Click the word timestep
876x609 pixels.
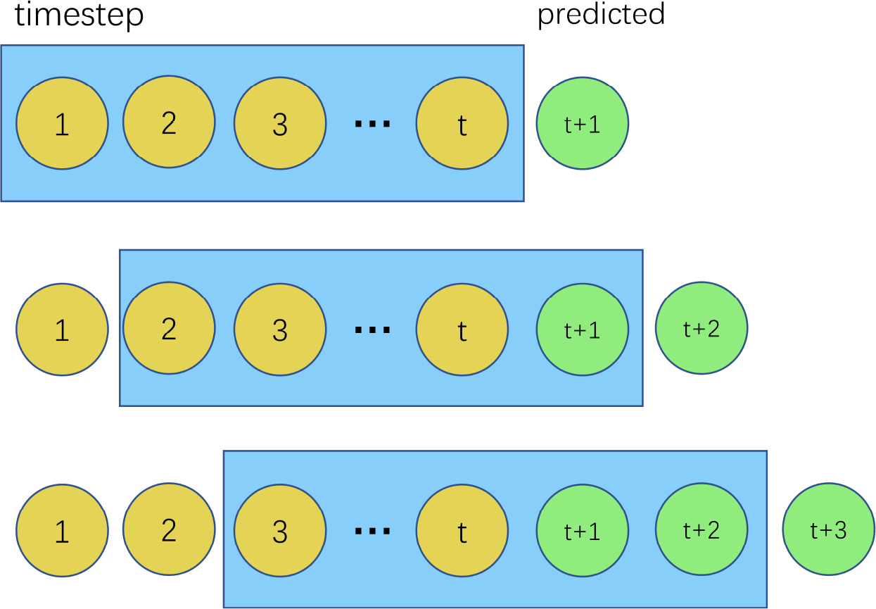79,15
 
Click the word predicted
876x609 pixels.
601,14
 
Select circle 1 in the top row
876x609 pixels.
62,123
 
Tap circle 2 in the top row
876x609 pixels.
169,123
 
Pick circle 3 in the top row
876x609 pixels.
280,123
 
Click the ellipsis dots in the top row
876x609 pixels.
372,125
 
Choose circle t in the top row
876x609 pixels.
462,123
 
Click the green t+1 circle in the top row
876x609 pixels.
582,123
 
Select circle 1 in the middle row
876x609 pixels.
62,329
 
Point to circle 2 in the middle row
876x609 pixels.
169,328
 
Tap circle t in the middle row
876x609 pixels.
462,329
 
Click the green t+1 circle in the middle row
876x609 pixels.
582,329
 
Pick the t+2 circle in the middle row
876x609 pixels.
701,328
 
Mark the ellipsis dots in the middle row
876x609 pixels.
372,329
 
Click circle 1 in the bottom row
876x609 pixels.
62,531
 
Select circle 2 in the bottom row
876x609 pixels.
169,529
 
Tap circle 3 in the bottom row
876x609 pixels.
280,531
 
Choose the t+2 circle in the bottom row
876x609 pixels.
701,529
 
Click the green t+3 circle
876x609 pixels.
828,529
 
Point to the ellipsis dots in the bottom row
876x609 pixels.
372,531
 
